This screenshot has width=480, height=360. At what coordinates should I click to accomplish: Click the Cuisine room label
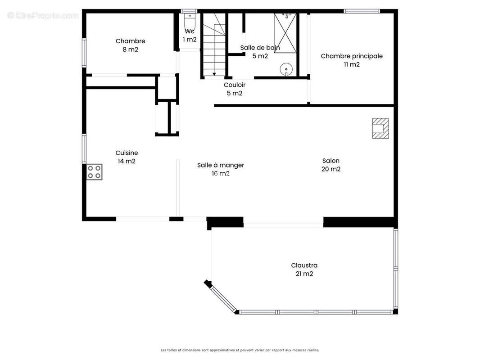[127, 153]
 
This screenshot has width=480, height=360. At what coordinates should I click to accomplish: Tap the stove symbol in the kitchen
[94, 172]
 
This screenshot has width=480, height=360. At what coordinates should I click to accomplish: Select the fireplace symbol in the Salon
[380, 128]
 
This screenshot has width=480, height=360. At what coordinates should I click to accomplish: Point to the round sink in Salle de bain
[286, 69]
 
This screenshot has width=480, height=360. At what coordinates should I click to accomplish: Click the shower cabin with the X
[285, 33]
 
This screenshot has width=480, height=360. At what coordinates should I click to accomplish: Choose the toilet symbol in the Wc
[190, 20]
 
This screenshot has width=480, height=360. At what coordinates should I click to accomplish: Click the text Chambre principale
[352, 56]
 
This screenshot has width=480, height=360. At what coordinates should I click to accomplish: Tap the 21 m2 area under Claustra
[304, 274]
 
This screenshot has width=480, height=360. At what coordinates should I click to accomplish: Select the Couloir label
[235, 85]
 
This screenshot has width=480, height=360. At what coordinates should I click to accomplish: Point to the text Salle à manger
[220, 165]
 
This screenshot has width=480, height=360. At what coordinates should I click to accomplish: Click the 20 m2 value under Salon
[331, 169]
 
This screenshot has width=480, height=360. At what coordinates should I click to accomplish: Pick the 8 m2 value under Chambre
[131, 49]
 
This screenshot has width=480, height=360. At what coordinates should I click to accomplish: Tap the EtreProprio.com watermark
[43, 15]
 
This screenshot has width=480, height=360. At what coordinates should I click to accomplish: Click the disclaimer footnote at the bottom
[240, 350]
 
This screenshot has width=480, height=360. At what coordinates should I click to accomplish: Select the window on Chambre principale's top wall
[362, 11]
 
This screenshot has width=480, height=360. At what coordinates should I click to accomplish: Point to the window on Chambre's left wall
[84, 52]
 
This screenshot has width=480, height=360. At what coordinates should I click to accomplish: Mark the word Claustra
[304, 265]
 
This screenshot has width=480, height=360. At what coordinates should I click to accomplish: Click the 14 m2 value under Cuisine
[127, 161]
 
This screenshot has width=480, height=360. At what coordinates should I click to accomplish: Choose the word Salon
[331, 161]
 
